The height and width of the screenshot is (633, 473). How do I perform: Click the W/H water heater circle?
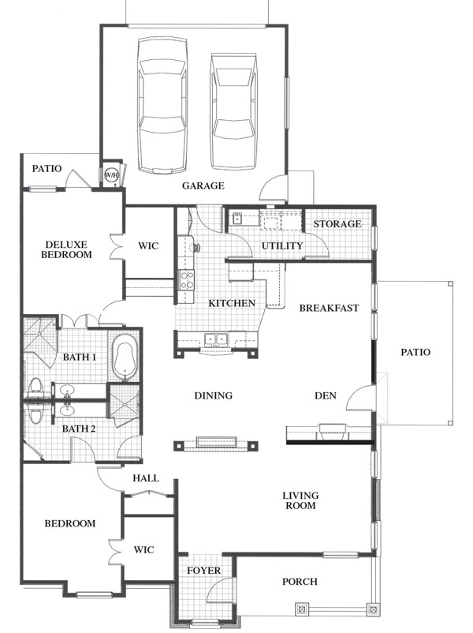click(112, 175)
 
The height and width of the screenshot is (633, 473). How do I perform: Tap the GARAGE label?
click(203, 185)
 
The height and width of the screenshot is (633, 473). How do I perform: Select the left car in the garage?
click(162, 107)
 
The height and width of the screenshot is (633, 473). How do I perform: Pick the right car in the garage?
click(234, 111)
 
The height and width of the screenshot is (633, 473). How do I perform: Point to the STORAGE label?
click(337, 223)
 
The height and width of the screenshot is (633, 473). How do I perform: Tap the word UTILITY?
click(282, 245)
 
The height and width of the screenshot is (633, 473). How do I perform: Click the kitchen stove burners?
click(186, 280)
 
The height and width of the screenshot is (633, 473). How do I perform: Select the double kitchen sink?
click(216, 339)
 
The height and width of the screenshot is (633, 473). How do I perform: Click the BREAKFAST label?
click(329, 308)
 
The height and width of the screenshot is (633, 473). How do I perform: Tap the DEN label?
click(326, 395)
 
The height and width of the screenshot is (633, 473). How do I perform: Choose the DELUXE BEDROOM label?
click(66, 249)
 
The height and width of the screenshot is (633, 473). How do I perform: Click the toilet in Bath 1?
click(35, 388)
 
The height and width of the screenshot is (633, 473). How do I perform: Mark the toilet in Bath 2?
click(35, 413)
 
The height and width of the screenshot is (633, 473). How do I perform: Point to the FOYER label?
click(203, 571)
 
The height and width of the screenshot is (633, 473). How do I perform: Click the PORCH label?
click(300, 582)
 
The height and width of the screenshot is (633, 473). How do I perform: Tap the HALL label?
click(146, 478)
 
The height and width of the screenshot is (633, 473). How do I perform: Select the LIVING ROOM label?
click(300, 500)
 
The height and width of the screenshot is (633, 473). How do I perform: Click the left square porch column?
click(301, 609)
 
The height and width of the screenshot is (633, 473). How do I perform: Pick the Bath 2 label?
click(79, 429)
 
